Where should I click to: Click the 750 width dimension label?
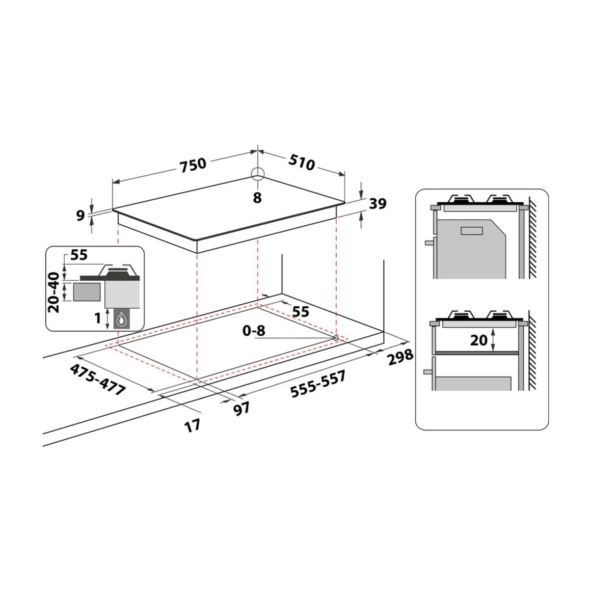pos(193,165)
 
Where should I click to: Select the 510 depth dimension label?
pos(301,162)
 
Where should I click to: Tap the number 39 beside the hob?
pos(378,204)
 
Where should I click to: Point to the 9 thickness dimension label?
pos(80,216)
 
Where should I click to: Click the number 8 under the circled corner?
pos(257,198)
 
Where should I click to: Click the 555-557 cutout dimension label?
pos(318,384)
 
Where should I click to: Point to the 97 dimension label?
pos(242,409)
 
